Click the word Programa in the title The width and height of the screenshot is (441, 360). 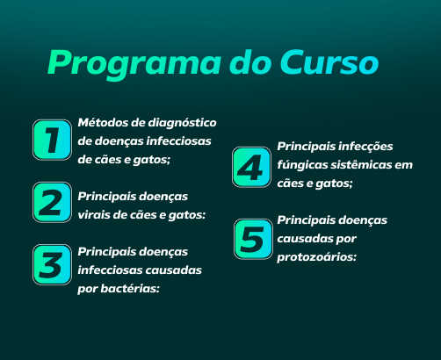pos(134,64)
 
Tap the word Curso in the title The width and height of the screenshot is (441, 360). pos(329,62)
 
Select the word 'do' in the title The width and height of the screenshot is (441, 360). pos(250,62)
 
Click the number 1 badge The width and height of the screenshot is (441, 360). pos(52,140)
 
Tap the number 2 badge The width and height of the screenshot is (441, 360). pos(52,202)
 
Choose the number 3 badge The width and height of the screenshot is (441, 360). pos(52,264)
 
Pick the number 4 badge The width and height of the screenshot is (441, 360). pos(251,167)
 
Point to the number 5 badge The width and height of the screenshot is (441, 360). pos(253,239)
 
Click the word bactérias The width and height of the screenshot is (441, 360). pos(130,289)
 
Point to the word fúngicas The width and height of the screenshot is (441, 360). pos(302,165)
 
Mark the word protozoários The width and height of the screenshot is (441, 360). pos(317,258)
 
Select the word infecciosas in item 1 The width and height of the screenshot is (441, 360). pos(178,141)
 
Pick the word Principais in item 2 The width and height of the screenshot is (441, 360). pos(104,198)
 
